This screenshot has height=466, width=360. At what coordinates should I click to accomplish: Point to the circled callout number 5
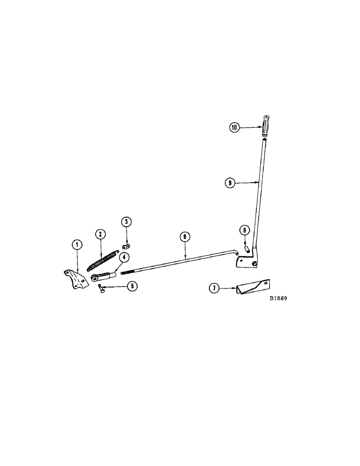[x=132, y=286]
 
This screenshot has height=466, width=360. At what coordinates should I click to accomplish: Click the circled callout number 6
[x=185, y=236]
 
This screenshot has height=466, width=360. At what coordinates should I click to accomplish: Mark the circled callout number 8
[x=243, y=230]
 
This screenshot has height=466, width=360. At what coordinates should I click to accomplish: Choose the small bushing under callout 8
[x=244, y=250]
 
